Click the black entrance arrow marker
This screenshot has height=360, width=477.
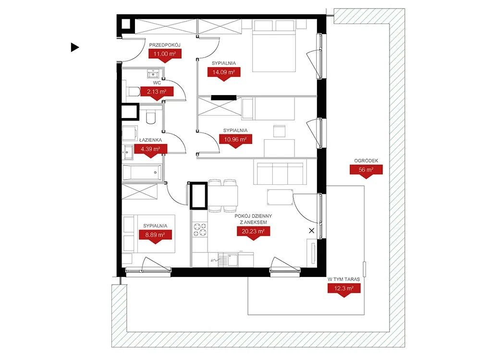tap(74, 47)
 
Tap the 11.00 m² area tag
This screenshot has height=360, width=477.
tap(165, 56)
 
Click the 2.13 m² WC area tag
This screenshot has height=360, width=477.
tap(157, 93)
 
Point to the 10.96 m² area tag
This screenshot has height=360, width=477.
tap(236, 141)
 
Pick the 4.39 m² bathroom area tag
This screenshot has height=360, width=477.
tap(151, 151)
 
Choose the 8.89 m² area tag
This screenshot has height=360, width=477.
tap(155, 237)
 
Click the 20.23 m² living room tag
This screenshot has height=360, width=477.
tap(254, 233)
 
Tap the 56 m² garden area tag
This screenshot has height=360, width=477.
tap(366, 171)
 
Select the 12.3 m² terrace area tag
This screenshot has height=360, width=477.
tap(344, 290)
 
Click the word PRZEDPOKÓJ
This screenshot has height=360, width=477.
tap(165, 45)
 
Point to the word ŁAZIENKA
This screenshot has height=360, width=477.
tap(150, 140)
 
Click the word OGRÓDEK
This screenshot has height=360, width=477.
tap(366, 161)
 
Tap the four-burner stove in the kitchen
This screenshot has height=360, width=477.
tap(200, 229)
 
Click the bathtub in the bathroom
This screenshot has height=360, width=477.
tap(142, 173)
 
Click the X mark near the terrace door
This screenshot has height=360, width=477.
tap(311, 231)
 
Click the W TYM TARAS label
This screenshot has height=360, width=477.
tap(344, 279)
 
